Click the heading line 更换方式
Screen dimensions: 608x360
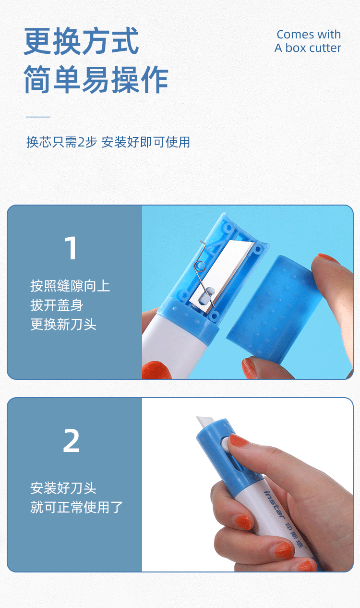point(82,41)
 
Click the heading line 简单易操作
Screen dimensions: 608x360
point(96,80)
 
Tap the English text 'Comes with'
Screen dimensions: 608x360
point(309,35)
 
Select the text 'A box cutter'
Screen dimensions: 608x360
point(308,48)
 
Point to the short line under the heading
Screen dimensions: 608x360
point(38,117)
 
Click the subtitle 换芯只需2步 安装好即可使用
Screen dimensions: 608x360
point(108,142)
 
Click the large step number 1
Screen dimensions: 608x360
point(71,248)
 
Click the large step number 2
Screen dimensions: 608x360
point(71,441)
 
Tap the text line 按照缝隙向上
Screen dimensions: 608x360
point(70,286)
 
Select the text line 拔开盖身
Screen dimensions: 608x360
point(57,305)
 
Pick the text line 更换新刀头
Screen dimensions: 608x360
point(63,325)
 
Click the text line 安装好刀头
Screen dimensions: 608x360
point(63,488)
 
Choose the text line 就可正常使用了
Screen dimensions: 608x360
point(77,507)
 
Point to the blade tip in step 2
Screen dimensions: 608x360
point(202,422)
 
